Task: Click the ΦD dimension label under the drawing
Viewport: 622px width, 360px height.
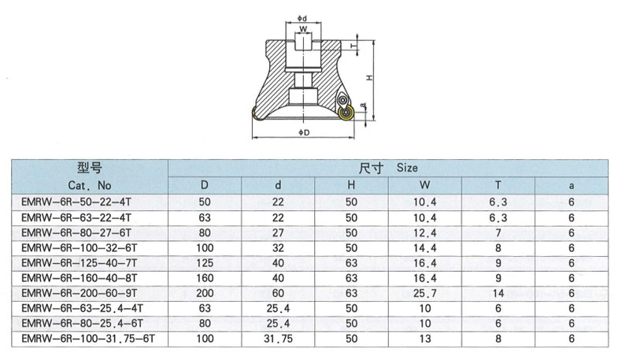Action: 304,132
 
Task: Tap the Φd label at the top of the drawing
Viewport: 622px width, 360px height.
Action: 302,18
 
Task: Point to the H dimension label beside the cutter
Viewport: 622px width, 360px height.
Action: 369,78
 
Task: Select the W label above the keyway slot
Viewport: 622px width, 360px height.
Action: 303,29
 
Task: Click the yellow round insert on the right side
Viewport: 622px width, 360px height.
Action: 346,114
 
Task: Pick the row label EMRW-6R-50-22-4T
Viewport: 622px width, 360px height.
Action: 76,202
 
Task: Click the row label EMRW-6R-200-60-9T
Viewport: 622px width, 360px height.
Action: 80,293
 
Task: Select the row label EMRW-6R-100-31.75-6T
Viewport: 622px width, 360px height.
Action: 88,339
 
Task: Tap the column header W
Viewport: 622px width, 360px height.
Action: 424,185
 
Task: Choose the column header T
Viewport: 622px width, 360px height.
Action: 498,185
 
